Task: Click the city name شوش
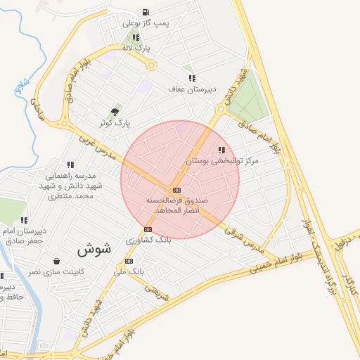[x=94, y=249]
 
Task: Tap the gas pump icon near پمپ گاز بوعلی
[x=145, y=11]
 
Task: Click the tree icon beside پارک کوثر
[x=115, y=112]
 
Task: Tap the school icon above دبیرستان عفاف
[x=191, y=78]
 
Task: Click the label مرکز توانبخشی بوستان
[x=222, y=161]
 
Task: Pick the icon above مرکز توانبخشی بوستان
[x=222, y=150]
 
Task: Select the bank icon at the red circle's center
[x=176, y=190]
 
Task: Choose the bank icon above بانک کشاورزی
[x=148, y=229]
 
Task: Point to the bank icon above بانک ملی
[x=129, y=260]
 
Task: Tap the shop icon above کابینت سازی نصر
[x=56, y=261]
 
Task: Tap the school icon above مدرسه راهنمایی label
[x=70, y=164]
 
